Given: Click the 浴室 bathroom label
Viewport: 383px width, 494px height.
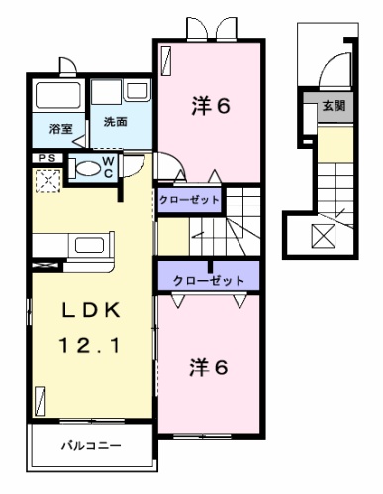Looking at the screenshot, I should pos(60,128).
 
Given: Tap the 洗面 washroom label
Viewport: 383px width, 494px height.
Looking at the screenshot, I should pos(115,123).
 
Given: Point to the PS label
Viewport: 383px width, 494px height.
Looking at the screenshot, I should pos(46,158).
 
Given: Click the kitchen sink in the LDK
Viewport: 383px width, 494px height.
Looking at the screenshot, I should pos(89,245).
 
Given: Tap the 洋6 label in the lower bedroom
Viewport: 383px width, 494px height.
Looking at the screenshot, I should pos(210,368).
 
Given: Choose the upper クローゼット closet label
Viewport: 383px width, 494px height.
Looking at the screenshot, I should pos(189,200).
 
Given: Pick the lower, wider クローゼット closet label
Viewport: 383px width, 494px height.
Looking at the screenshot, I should pos(209,280).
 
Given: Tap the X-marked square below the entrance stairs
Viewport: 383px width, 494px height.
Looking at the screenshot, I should pos(324,237).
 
